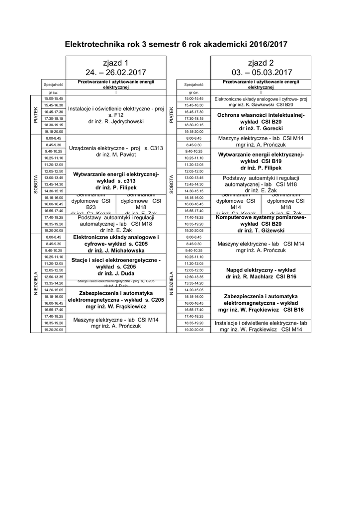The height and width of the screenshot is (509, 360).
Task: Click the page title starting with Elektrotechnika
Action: (176, 45)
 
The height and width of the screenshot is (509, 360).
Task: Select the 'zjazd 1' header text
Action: (115, 63)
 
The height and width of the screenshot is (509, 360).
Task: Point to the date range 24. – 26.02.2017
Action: (115, 72)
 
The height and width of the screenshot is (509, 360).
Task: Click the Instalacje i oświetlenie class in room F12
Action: (115, 115)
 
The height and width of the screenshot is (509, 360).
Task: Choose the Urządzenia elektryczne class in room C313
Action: (115, 151)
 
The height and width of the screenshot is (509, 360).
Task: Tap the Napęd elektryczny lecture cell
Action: (261, 273)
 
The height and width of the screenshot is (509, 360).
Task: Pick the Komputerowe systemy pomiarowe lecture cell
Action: (261, 224)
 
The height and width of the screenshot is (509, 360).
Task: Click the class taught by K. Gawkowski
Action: (261, 102)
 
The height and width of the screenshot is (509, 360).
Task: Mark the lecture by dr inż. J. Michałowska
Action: (115, 244)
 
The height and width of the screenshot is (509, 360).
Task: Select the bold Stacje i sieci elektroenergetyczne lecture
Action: (115, 266)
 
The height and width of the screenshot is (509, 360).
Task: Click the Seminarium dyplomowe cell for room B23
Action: (91, 204)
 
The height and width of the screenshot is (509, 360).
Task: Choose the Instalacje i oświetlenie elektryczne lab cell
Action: (261, 326)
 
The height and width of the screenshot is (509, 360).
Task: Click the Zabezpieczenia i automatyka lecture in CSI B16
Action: (261, 303)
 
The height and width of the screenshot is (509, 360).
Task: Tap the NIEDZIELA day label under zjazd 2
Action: (172, 283)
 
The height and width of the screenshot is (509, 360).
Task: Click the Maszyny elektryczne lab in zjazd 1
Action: (115, 323)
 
